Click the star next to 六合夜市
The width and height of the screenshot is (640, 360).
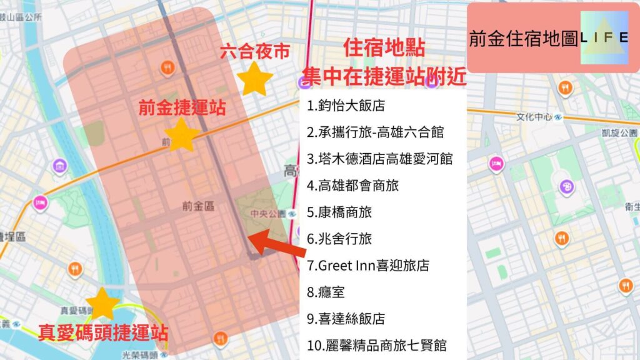pyautogui.click(x=255, y=79)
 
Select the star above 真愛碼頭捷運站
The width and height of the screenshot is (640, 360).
pyautogui.click(x=102, y=304)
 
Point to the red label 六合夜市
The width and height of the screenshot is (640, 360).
pyautogui.click(x=254, y=52)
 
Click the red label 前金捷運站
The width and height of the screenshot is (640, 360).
pyautogui.click(x=182, y=107)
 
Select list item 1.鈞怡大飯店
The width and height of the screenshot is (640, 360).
pyautogui.click(x=346, y=106)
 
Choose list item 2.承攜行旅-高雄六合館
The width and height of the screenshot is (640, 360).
pyautogui.click(x=375, y=132)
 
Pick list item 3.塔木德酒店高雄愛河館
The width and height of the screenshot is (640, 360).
pyautogui.click(x=379, y=159)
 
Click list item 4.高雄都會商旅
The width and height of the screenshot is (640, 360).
pyautogui.click(x=353, y=186)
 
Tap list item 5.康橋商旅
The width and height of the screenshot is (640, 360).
pyautogui.click(x=339, y=212)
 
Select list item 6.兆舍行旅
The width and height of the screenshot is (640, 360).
pyautogui.click(x=339, y=239)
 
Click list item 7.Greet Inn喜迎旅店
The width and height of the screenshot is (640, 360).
pyautogui.click(x=368, y=266)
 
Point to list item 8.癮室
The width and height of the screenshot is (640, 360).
pyautogui.click(x=326, y=292)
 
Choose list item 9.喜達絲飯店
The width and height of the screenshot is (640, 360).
pyautogui.click(x=346, y=319)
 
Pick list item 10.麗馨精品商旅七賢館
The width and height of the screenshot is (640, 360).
pyautogui.click(x=377, y=345)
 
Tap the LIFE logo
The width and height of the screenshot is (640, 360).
pyautogui.click(x=604, y=39)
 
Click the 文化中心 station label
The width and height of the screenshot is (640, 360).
pyautogui.click(x=535, y=117)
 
